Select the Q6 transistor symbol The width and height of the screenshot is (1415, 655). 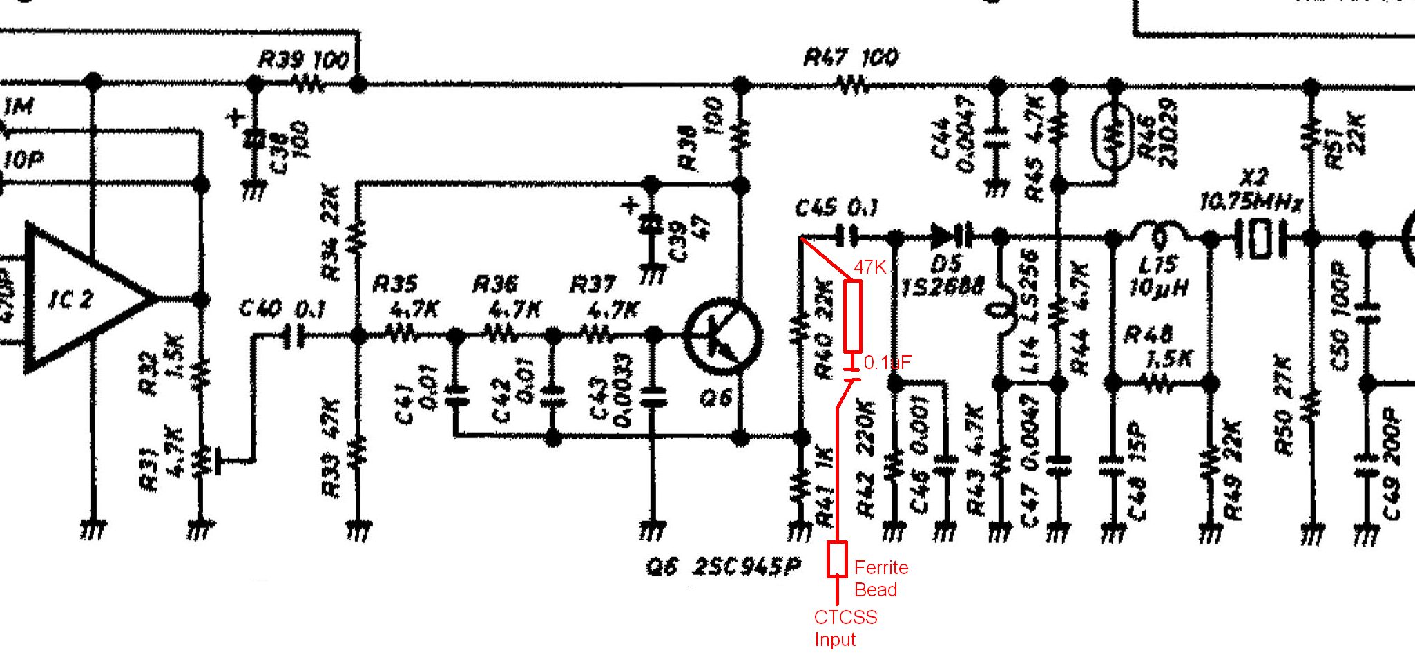(x=722, y=336)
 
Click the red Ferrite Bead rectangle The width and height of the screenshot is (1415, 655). (x=838, y=559)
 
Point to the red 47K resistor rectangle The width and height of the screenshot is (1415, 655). (x=854, y=316)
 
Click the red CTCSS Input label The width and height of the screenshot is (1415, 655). (x=845, y=628)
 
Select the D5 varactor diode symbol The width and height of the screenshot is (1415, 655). (x=950, y=237)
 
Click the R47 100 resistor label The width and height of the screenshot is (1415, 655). (x=851, y=57)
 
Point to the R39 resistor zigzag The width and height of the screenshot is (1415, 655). (x=307, y=84)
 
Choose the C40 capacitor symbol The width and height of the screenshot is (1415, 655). (x=293, y=336)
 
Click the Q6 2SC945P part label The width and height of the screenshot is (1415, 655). (x=724, y=567)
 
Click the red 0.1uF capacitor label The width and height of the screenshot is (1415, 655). (x=887, y=362)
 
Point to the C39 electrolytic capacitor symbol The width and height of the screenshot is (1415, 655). (x=649, y=225)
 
